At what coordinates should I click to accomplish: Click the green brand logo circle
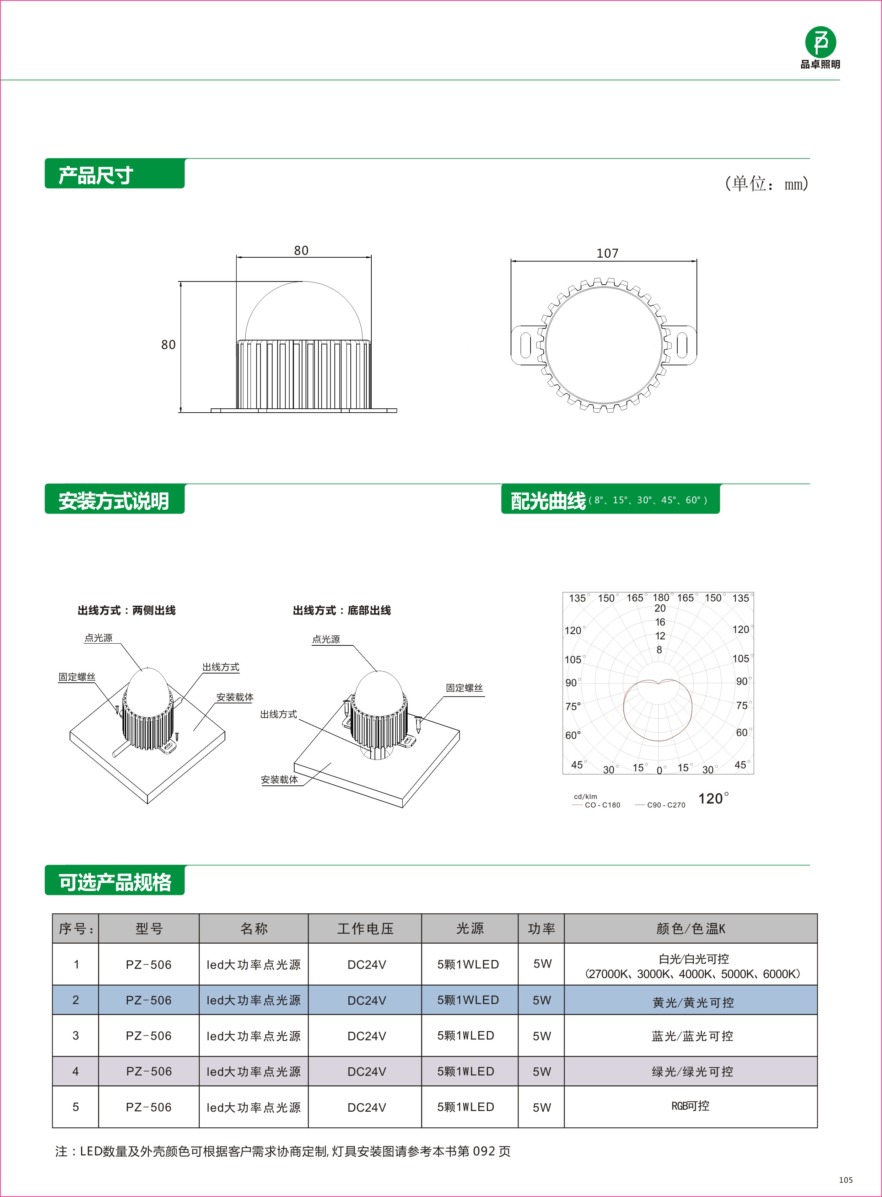click(x=820, y=42)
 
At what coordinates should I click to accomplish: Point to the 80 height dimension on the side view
click(x=168, y=345)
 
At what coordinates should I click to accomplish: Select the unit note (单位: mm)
click(x=766, y=184)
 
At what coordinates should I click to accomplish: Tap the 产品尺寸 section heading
click(x=96, y=175)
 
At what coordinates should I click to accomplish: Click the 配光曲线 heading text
click(x=548, y=501)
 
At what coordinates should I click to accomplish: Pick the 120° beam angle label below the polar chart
click(x=713, y=799)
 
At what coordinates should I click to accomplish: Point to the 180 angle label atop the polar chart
click(x=660, y=597)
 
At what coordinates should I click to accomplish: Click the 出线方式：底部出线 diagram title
click(x=342, y=610)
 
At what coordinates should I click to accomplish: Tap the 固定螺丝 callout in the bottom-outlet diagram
click(x=464, y=688)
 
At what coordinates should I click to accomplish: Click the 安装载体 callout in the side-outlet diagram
click(x=235, y=697)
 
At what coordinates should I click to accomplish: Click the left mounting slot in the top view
click(x=525, y=344)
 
